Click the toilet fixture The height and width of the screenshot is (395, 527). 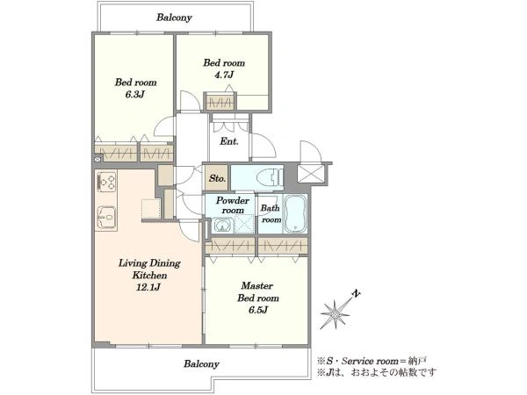pyautogui.click(x=270, y=177)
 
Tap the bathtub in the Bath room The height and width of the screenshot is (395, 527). pyautogui.click(x=295, y=214)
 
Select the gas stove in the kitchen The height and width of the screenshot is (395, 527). pyautogui.click(x=106, y=182)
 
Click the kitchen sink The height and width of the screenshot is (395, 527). pyautogui.click(x=106, y=218)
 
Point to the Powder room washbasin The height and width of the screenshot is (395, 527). pyautogui.click(x=222, y=226)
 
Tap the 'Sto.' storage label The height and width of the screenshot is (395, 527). pyautogui.click(x=217, y=178)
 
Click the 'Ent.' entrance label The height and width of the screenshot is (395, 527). pyautogui.click(x=229, y=141)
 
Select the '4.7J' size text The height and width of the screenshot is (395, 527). pyautogui.click(x=224, y=75)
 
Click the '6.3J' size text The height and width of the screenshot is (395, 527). pyautogui.click(x=134, y=95)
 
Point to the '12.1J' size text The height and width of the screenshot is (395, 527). pyautogui.click(x=149, y=288)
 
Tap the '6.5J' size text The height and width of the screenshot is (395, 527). pyautogui.click(x=258, y=310)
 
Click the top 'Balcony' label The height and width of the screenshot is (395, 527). pyautogui.click(x=174, y=18)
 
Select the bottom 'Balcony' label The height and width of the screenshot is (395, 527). pyautogui.click(x=201, y=364)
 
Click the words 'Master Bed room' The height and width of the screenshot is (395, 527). pyautogui.click(x=257, y=292)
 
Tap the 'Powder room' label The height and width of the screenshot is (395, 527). pyautogui.click(x=233, y=205)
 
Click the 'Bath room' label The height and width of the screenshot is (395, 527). pyautogui.click(x=271, y=213)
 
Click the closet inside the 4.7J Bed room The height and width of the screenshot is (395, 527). pyautogui.click(x=220, y=102)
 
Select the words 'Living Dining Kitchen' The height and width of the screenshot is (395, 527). pyautogui.click(x=149, y=269)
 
